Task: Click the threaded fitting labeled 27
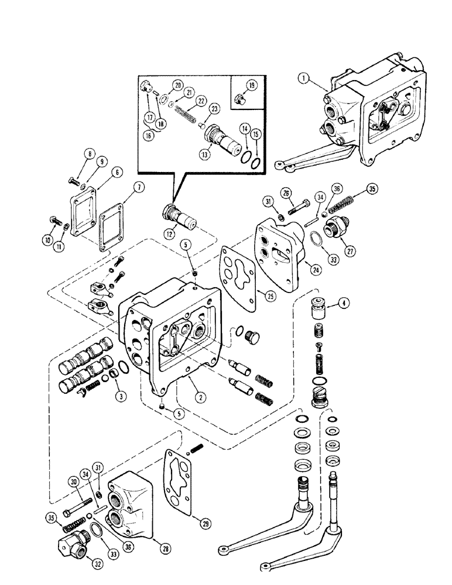point(335,225)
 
